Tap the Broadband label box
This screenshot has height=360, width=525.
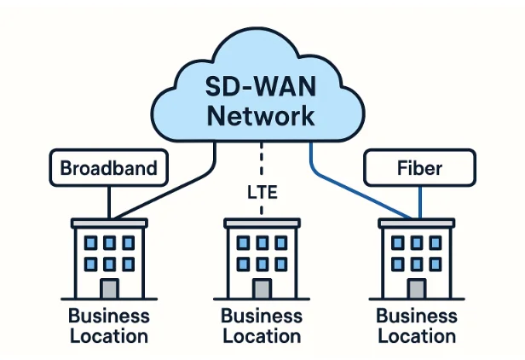[108, 168]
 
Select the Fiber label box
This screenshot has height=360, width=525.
[419, 168]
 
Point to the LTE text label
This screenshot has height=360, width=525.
[262, 192]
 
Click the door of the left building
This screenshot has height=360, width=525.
[109, 288]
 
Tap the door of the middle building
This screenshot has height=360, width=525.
[262, 288]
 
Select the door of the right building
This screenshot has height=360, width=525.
[417, 288]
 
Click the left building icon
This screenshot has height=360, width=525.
[109, 256]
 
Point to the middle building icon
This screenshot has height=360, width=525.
[262, 256]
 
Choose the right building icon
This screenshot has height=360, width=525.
[417, 256]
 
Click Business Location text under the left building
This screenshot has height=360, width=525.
[109, 325]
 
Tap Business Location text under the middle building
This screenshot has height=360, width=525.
[262, 325]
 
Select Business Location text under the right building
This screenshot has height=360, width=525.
[417, 325]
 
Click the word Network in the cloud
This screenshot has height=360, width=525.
[261, 115]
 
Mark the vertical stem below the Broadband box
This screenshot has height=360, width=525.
[108, 201]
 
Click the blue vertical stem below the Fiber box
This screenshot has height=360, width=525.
[420, 201]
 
